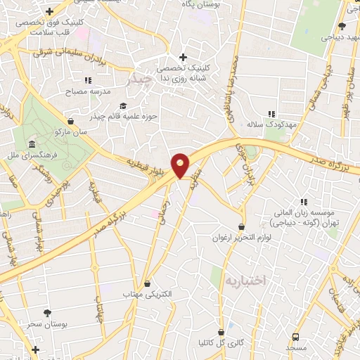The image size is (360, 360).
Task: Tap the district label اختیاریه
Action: (x=246, y=281)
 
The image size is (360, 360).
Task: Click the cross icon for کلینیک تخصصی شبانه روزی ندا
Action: (x=183, y=57)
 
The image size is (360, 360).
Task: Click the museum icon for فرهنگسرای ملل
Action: (x=32, y=146)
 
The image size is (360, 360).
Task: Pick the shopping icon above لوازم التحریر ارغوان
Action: (x=243, y=227)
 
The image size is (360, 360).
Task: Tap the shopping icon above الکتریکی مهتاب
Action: (x=147, y=283)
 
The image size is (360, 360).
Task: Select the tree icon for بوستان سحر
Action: (x=47, y=314)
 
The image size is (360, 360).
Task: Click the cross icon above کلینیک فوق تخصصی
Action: (x=49, y=12)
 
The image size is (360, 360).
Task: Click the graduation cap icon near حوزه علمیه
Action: (x=112, y=106)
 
